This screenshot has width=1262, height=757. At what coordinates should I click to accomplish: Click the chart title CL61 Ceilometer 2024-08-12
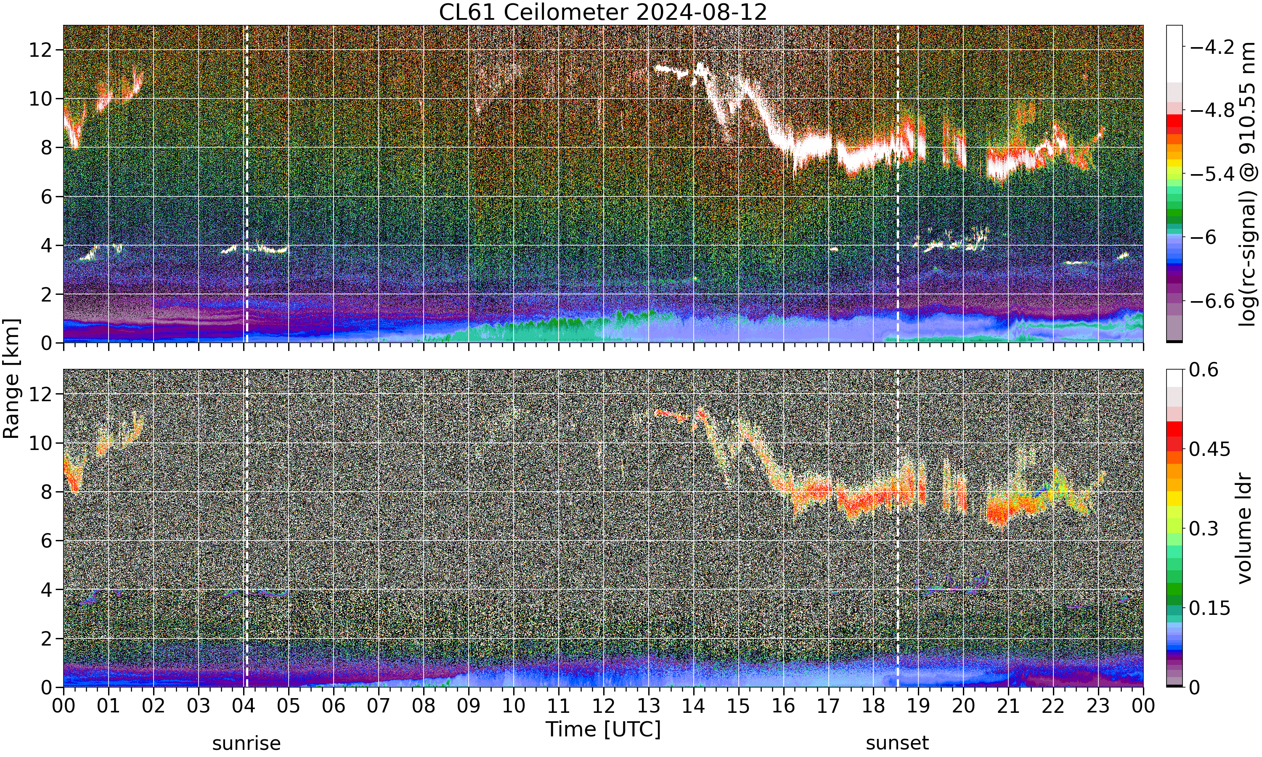click(x=603, y=12)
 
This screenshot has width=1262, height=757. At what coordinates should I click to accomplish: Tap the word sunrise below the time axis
click(x=247, y=743)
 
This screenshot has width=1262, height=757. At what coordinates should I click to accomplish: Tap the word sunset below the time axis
click(x=897, y=743)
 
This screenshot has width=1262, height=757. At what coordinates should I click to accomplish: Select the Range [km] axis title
click(x=11, y=378)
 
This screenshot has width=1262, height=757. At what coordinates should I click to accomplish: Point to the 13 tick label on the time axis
click(x=648, y=706)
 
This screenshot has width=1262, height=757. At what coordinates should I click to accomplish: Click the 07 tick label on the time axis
click(x=379, y=706)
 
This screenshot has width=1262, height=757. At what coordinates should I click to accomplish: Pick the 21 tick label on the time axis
click(x=1008, y=706)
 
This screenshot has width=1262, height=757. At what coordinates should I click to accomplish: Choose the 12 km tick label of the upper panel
click(x=40, y=50)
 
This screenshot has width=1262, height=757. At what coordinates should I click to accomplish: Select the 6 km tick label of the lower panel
click(x=47, y=541)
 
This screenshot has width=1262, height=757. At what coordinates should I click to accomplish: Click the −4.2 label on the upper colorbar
click(x=1212, y=48)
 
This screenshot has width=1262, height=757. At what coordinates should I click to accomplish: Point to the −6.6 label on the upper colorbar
click(x=1212, y=301)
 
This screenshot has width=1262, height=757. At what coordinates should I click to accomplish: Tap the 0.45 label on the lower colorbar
click(x=1209, y=450)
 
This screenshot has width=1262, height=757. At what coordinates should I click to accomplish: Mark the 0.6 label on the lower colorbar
click(x=1204, y=370)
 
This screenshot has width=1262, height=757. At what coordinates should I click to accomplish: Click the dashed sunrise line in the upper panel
click(x=247, y=184)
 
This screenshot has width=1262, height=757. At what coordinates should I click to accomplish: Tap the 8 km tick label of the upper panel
click(x=47, y=148)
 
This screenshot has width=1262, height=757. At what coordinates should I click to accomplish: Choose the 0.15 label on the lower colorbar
click(x=1209, y=608)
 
